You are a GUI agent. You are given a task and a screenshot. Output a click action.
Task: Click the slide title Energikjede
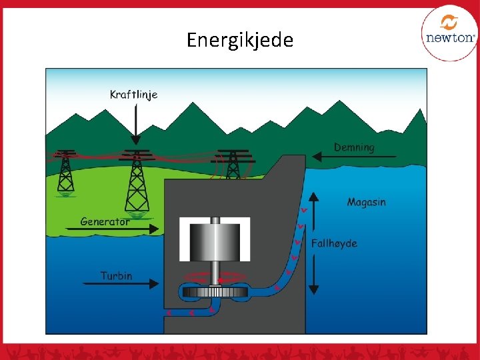click(239, 40)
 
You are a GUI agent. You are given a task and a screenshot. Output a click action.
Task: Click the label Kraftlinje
click(133, 95)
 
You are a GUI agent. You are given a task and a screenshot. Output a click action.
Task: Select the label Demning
click(354, 147)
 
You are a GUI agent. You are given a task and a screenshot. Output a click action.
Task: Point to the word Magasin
click(366, 202)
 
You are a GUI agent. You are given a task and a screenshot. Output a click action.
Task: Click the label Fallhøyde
click(334, 243)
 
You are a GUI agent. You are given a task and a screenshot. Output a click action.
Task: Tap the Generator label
click(105, 221)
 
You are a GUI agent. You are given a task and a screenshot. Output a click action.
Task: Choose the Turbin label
click(117, 275)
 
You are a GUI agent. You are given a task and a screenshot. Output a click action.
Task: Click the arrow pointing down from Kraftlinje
click(135, 123)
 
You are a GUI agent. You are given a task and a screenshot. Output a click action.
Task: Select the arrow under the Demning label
click(353, 157)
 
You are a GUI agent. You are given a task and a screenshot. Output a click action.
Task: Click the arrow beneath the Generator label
click(113, 229)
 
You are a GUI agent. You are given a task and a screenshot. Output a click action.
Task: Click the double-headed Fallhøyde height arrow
click(314, 243)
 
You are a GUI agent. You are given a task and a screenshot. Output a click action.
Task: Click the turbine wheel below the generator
click(215, 292)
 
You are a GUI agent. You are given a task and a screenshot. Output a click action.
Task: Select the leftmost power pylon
click(65, 172)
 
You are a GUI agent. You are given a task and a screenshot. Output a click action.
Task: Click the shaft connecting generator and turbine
click(215, 273)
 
